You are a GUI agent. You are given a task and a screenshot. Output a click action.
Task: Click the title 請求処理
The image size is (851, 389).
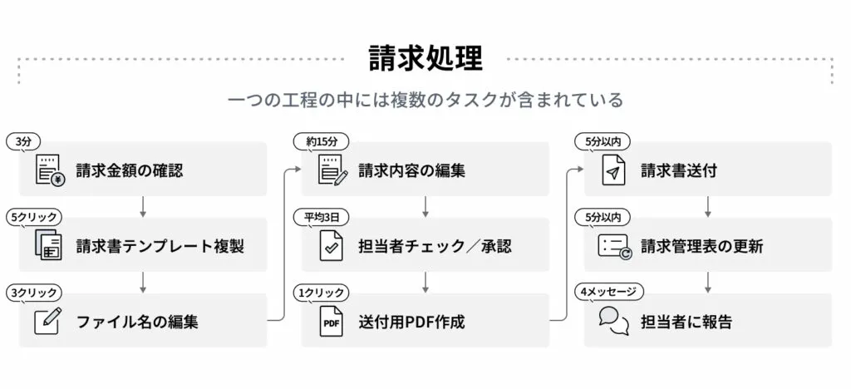tap(425, 58)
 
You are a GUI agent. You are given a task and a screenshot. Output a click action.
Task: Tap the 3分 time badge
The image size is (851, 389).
tap(23, 141)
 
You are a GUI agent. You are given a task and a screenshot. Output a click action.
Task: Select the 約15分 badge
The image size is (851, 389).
tap(322, 141)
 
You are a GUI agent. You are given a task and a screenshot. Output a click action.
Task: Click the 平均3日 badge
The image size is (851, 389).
tap(322, 218)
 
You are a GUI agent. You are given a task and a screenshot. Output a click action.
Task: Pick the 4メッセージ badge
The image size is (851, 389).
tap(609, 292)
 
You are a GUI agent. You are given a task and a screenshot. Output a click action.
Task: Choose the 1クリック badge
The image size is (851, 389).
tap(322, 293)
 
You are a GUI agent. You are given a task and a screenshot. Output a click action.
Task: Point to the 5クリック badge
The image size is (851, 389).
tap(34, 218)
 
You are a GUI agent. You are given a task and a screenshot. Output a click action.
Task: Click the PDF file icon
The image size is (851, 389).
tap(331, 322)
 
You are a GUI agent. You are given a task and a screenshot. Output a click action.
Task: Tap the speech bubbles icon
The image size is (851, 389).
tap(614, 321)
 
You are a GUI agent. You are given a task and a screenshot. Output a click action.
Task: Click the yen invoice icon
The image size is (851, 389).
tap(50, 170)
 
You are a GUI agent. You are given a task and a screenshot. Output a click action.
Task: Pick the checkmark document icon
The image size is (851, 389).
tap(331, 246)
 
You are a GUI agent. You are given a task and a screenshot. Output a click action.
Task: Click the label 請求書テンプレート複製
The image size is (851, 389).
tap(160, 246)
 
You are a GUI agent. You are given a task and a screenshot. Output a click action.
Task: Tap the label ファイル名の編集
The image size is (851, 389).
tap(137, 322)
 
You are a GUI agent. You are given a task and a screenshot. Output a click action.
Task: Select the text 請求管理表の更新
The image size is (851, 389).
tap(701, 246)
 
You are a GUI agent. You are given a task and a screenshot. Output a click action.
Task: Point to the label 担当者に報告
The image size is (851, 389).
tap(686, 322)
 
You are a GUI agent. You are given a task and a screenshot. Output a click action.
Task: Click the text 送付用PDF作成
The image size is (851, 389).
tap(412, 322)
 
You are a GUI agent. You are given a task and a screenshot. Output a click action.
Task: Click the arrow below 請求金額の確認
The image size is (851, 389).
tap(143, 207)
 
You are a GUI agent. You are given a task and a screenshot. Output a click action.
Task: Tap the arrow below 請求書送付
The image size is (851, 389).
tap(708, 207)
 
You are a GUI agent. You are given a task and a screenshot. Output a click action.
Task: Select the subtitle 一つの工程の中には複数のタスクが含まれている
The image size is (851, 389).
tap(425, 101)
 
